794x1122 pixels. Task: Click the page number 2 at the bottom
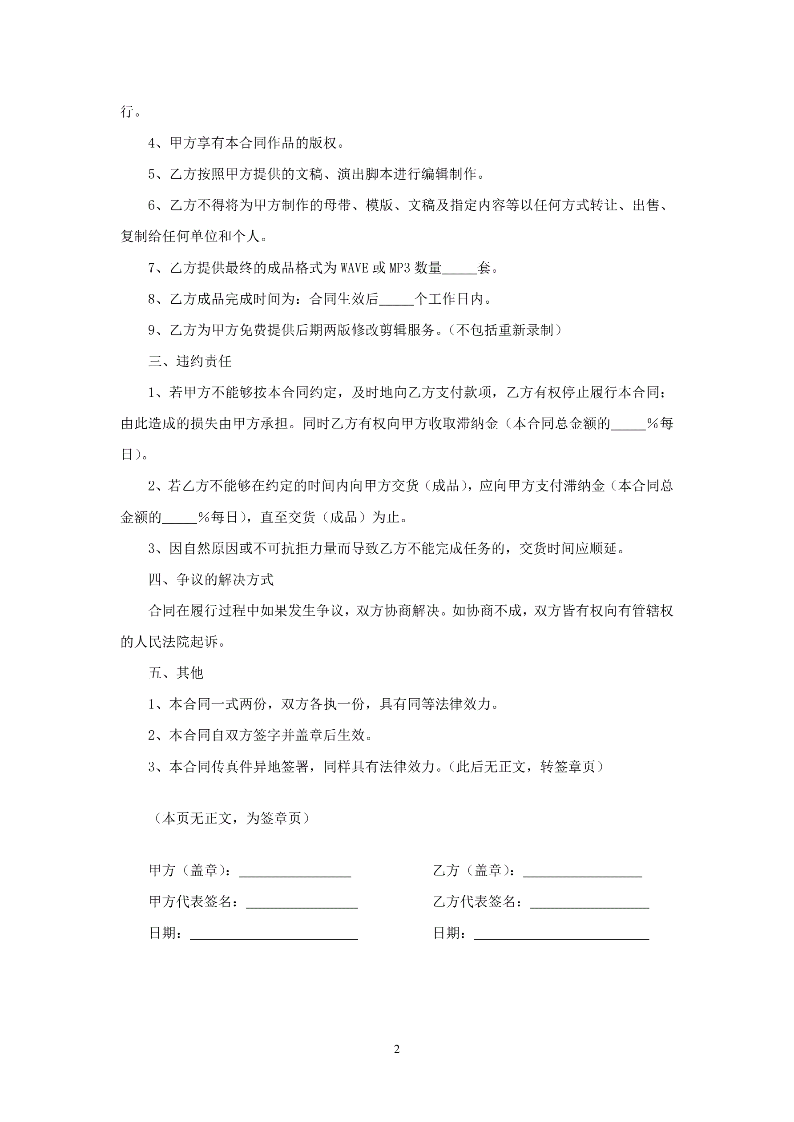[x=396, y=1049]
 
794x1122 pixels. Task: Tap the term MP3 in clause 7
[x=399, y=268]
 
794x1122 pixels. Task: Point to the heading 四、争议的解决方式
[x=211, y=579]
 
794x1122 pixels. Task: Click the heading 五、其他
[x=176, y=673]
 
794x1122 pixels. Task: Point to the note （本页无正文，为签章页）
[x=232, y=818]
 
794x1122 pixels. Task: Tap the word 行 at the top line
[x=127, y=112]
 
